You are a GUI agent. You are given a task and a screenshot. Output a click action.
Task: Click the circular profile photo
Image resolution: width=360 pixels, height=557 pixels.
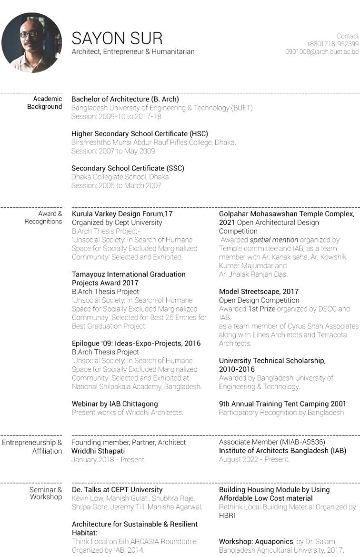click(31, 42)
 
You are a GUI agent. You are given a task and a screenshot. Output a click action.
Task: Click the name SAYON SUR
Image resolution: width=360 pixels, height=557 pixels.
click(117, 38)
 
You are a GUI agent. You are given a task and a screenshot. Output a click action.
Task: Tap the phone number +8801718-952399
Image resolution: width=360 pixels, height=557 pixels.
click(332, 44)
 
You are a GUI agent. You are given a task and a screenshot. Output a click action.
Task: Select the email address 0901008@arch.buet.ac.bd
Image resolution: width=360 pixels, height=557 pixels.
click(322, 51)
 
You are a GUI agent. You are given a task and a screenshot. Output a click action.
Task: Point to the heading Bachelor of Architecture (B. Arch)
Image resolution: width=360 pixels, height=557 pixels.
click(125, 99)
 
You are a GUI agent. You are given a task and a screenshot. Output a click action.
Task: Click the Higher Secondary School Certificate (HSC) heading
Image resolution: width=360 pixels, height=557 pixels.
click(140, 134)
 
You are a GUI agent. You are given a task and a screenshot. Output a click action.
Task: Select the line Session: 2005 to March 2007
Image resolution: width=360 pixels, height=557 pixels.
click(116, 185)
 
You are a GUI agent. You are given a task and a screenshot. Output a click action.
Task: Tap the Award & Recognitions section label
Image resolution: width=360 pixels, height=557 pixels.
click(44, 218)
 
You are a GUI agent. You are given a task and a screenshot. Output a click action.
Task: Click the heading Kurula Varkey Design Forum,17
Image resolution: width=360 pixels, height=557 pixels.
click(122, 214)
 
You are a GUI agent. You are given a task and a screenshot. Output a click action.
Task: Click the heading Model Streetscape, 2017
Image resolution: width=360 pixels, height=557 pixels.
click(259, 292)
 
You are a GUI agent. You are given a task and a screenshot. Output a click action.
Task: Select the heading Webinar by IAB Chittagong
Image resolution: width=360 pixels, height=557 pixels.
click(115, 404)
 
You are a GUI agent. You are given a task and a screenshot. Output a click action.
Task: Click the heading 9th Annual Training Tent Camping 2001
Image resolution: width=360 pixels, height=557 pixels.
click(282, 404)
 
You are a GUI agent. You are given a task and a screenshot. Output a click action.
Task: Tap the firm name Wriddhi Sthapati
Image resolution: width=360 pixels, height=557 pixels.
click(98, 451)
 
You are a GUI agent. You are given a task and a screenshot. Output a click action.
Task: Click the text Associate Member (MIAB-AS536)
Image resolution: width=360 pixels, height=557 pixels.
click(272, 442)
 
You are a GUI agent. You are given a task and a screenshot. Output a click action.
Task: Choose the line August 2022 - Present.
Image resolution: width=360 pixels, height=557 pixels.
click(254, 459)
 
